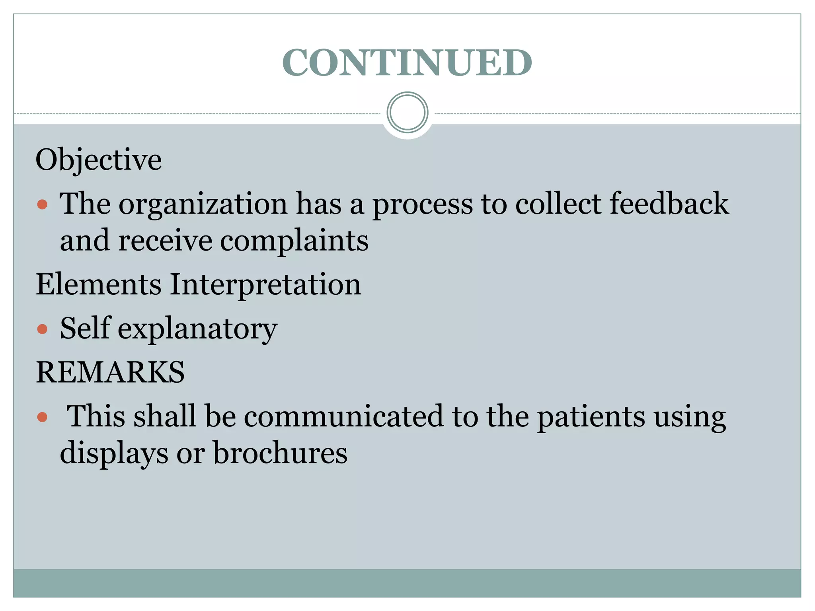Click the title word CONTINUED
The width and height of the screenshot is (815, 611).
[407, 62]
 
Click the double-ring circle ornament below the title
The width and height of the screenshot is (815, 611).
[407, 113]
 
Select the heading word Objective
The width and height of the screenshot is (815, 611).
[99, 160]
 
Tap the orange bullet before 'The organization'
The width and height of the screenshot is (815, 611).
[42, 205]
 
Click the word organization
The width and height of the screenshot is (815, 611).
[203, 204]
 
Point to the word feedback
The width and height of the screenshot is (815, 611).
[669, 204]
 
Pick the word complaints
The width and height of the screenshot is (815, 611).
[294, 241]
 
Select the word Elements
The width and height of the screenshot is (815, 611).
[99, 284]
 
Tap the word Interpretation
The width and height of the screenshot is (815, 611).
[265, 285]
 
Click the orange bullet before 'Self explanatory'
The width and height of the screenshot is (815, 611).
[42, 329]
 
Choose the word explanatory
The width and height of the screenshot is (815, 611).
[197, 329]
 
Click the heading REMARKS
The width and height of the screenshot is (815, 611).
[110, 372]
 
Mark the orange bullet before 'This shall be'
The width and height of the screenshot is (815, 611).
[42, 417]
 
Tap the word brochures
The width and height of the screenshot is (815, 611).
[280, 453]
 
